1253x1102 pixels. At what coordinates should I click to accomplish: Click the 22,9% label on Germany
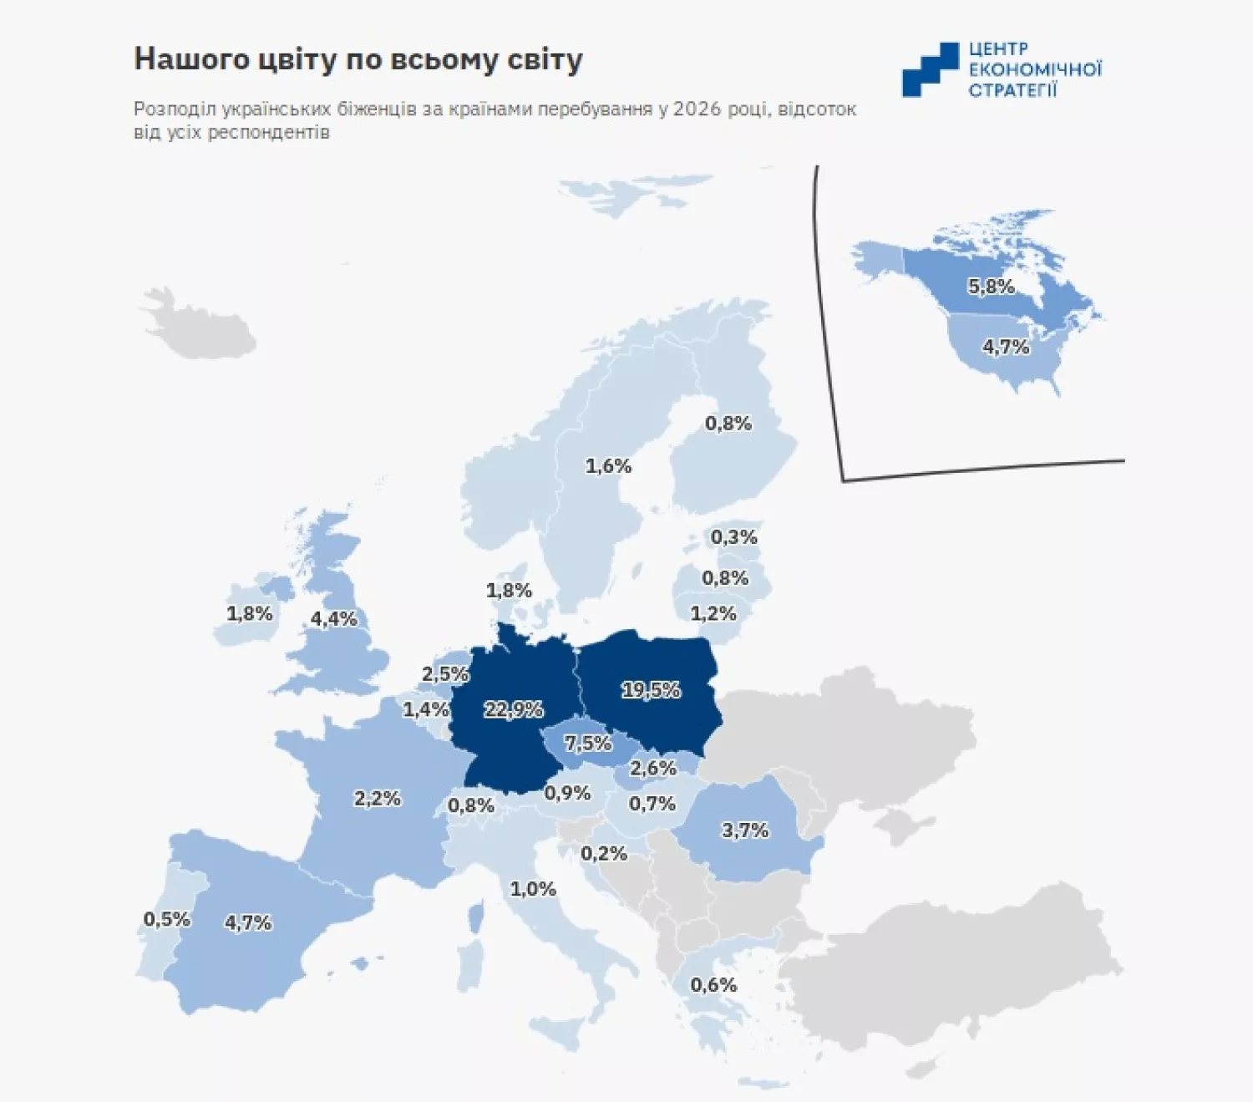click(x=514, y=709)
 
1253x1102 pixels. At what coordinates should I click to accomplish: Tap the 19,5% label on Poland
click(x=651, y=690)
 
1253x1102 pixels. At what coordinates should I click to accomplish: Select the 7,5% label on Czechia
click(x=588, y=743)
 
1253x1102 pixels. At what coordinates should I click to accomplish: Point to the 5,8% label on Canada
click(x=991, y=287)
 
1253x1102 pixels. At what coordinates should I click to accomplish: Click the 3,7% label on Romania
click(x=745, y=830)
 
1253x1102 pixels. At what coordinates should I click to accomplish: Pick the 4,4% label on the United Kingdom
click(x=333, y=618)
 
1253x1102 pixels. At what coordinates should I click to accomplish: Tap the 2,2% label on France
click(x=378, y=798)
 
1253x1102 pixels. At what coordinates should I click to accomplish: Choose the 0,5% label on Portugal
click(x=167, y=919)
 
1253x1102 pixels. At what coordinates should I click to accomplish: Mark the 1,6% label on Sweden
click(x=608, y=465)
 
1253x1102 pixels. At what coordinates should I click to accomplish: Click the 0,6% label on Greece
click(x=713, y=985)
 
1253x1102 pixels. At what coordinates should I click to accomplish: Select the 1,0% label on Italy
click(x=533, y=889)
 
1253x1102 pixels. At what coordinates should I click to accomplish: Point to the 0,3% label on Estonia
click(x=733, y=537)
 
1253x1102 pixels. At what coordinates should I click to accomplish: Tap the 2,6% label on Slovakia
click(x=652, y=768)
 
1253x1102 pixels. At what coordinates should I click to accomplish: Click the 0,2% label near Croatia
click(x=604, y=853)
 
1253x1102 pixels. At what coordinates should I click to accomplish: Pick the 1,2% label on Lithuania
click(x=713, y=613)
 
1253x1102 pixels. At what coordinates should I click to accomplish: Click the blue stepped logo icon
click(x=930, y=69)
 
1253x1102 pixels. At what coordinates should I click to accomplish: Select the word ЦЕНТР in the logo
click(x=998, y=49)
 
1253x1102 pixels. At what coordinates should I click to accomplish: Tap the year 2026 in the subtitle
click(x=697, y=109)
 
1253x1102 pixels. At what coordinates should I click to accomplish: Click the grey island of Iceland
click(x=198, y=325)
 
